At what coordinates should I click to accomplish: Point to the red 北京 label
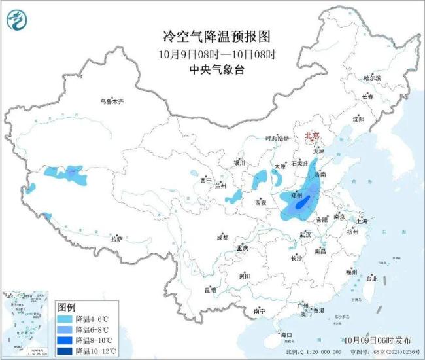(313, 135)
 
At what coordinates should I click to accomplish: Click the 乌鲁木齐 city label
(112, 101)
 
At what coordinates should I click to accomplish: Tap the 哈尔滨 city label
(372, 77)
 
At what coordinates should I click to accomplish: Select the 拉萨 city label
(116, 239)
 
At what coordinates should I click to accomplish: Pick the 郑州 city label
(296, 195)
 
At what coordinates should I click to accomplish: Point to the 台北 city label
(371, 278)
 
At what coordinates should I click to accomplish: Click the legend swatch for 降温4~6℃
(65, 318)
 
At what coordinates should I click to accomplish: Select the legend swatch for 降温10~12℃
(65, 351)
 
